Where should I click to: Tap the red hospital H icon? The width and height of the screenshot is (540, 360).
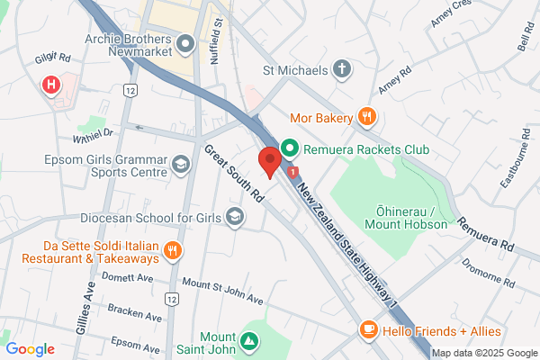click(51, 85)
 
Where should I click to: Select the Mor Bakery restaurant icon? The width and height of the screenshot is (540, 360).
click(366, 116)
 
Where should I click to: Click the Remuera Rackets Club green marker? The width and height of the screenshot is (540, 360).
click(290, 147)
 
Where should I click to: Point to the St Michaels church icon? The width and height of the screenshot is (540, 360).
click(341, 68)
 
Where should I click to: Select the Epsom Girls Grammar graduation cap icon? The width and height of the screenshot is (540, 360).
click(181, 164)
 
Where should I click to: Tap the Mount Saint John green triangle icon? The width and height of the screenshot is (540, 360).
click(249, 341)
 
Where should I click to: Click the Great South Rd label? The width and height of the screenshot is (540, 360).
click(232, 174)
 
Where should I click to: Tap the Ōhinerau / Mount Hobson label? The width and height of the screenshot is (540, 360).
click(406, 217)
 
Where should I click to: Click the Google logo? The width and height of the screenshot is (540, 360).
click(30, 349)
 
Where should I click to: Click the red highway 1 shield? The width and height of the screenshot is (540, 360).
click(293, 171)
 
